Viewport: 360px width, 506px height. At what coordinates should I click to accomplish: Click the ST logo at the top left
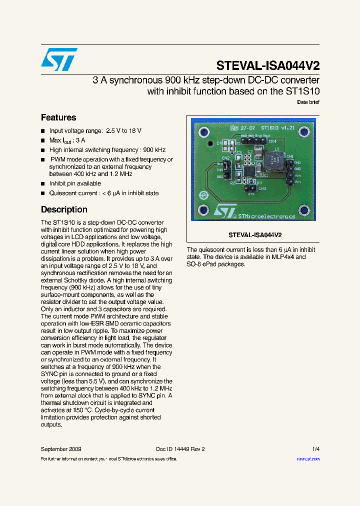(59, 59)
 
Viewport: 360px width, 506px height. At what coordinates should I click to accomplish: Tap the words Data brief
(308, 102)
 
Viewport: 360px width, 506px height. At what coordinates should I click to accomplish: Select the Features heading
(58, 117)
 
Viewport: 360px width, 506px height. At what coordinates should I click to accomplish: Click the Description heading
(64, 209)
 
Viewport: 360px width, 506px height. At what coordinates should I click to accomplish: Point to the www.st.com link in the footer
(308, 458)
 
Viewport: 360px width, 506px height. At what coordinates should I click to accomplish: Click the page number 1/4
(315, 449)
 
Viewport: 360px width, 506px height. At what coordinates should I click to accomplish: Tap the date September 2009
(61, 449)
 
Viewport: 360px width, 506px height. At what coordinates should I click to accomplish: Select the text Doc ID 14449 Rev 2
(180, 449)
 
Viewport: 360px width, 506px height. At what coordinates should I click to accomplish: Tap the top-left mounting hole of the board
(203, 132)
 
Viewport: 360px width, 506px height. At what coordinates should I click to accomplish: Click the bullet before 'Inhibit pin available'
(43, 184)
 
